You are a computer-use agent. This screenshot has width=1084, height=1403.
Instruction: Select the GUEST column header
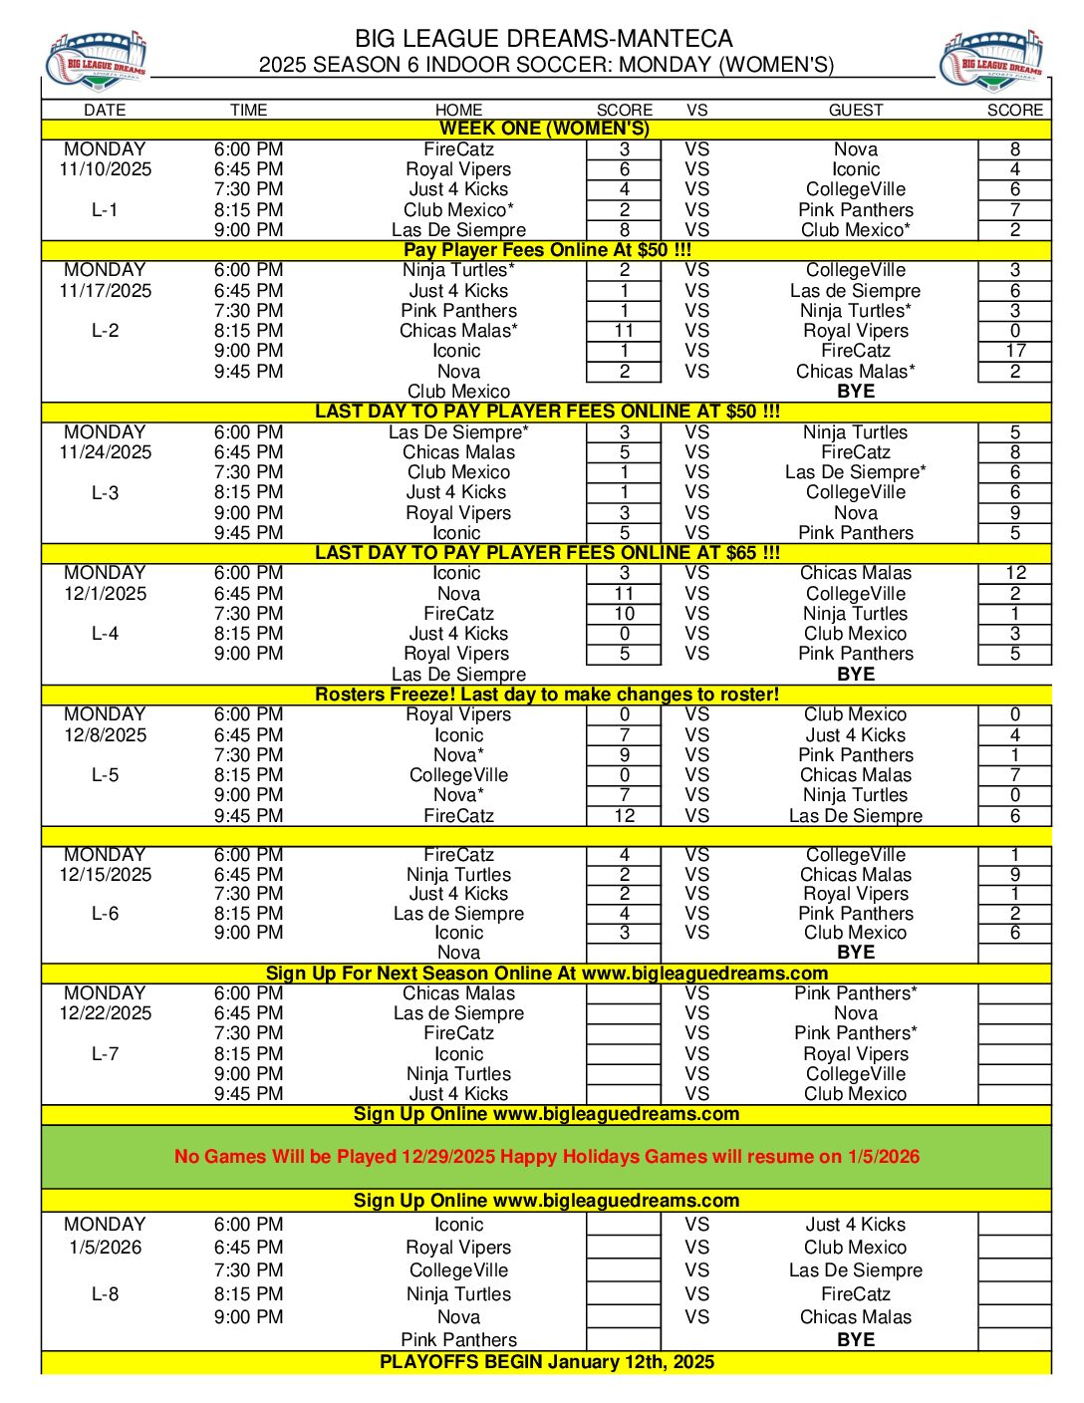point(855,110)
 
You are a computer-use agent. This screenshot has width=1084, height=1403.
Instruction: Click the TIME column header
point(248,110)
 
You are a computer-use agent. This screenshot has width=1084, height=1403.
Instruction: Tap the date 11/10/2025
point(106,169)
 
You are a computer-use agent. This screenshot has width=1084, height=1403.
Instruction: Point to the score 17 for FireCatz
point(1015,351)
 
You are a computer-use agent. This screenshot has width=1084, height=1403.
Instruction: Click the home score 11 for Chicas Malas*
point(624,331)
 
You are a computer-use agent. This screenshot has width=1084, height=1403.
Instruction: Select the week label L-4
point(105,634)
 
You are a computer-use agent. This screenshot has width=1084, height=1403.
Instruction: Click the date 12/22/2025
point(106,1013)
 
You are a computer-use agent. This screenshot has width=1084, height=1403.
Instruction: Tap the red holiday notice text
point(546,1157)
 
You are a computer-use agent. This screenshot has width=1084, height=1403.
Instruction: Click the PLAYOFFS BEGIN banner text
point(546,1362)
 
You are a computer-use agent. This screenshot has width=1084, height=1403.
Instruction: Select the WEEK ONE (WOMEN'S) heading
point(544,129)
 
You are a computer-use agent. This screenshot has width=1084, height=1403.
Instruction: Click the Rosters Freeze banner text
point(546,695)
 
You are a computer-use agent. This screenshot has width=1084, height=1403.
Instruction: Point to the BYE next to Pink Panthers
point(855,1340)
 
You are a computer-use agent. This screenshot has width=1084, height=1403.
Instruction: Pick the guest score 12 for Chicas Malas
point(1015,573)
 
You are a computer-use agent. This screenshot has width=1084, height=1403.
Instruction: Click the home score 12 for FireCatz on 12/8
point(624,816)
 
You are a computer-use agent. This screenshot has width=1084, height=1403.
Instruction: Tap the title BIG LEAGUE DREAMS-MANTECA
point(544,39)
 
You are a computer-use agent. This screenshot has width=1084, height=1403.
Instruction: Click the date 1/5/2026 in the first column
point(106,1248)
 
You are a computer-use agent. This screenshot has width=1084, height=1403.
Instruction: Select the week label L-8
point(105,1294)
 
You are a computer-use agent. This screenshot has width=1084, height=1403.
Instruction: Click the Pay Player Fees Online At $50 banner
point(546,250)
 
